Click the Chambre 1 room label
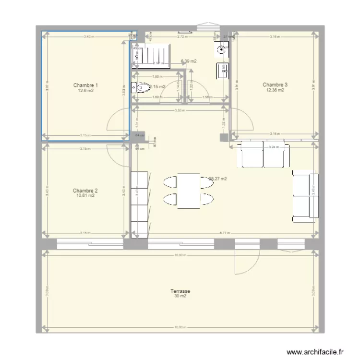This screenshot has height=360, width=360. click(86, 85)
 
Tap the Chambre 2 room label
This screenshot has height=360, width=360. click(86, 191)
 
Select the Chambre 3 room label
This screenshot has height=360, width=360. click(275, 85)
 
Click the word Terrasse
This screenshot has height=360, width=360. click(180, 291)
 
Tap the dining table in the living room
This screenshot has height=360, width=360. click(188, 191)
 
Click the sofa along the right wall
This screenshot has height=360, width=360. click(305, 196)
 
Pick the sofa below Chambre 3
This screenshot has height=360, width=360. click(264, 154)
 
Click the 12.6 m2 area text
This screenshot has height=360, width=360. click(86, 90)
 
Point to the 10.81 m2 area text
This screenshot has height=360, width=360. click(86, 195)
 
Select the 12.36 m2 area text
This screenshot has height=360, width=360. click(275, 90)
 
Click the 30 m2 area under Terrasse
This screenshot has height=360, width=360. click(180, 296)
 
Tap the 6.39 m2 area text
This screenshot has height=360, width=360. click(188, 61)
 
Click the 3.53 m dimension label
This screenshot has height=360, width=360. click(180, 110)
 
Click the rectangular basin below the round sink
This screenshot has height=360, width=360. click(223, 70)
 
